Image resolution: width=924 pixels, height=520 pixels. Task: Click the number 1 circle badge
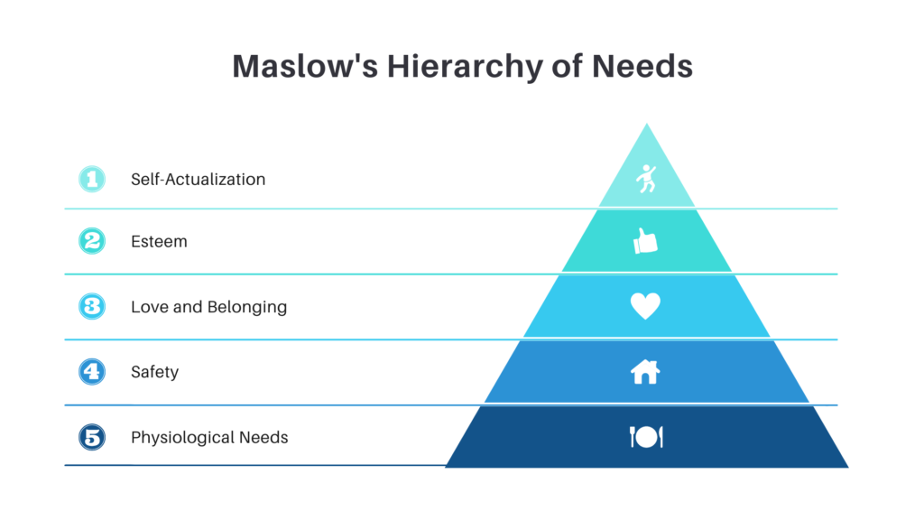(x=92, y=179)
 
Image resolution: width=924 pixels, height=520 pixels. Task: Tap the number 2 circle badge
(x=92, y=241)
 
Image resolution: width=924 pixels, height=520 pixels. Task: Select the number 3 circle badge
(x=92, y=306)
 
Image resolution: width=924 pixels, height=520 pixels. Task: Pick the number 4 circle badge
(x=92, y=371)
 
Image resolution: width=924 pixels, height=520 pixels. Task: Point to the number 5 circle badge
(x=92, y=437)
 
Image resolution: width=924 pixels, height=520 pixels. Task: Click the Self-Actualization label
(x=198, y=179)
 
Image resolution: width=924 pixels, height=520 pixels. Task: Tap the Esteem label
(x=159, y=242)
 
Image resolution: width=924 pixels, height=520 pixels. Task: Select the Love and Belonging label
(x=208, y=307)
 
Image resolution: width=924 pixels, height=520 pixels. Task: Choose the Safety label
(x=154, y=372)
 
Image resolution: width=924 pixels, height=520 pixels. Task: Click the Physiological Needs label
(x=209, y=438)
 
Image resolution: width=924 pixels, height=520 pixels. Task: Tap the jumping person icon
(x=646, y=179)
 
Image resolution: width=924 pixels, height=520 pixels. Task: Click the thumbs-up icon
(x=645, y=241)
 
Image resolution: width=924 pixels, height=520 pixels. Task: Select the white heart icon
(x=645, y=306)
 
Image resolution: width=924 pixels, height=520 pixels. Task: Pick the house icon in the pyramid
(x=645, y=371)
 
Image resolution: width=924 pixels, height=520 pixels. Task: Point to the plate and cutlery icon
(x=645, y=437)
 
